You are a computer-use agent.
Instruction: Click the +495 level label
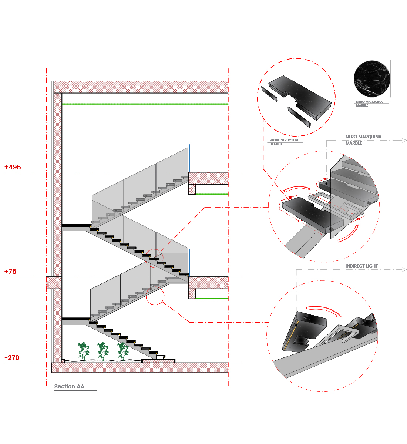click(x=13, y=167)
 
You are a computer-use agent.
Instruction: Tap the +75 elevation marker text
click(x=10, y=272)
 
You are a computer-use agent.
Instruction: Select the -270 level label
click(x=12, y=358)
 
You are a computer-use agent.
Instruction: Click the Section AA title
click(x=69, y=387)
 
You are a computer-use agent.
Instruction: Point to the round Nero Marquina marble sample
click(x=371, y=79)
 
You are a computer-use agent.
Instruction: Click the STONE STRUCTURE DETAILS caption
click(x=284, y=142)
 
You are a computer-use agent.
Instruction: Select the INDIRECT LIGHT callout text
click(x=361, y=266)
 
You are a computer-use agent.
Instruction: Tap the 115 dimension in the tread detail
click(x=300, y=222)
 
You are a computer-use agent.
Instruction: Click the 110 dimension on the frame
click(x=330, y=203)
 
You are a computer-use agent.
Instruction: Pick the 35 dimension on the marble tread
click(x=290, y=198)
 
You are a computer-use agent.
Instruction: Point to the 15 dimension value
click(x=317, y=187)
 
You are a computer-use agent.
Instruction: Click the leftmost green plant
click(x=84, y=351)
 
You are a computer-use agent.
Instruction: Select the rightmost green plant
click(x=123, y=351)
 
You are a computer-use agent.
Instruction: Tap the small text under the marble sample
click(x=369, y=104)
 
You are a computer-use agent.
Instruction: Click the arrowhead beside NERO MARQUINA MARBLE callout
click(x=404, y=140)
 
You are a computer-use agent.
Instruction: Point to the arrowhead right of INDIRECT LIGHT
click(x=404, y=270)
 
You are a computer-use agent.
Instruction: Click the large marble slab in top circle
click(x=300, y=97)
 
